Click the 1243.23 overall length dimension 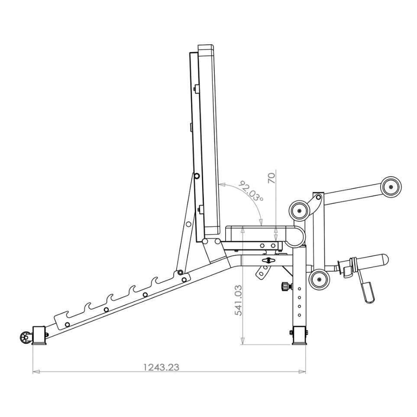[161, 367]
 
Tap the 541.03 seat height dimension [238, 300]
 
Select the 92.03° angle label [251, 191]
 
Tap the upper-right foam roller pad [391, 187]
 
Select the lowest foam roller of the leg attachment [319, 279]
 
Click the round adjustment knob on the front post [284, 287]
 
